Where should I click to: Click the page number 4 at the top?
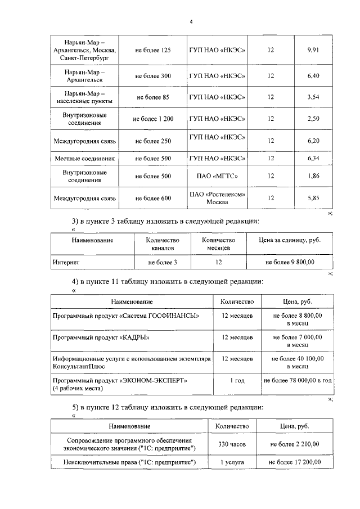(191, 22)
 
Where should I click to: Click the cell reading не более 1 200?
(153, 119)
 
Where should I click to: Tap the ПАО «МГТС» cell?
(217, 176)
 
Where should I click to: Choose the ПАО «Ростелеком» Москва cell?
(217, 198)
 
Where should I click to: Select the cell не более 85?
(153, 97)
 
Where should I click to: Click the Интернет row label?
(66, 262)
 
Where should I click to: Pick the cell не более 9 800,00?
(289, 262)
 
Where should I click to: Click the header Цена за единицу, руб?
(289, 240)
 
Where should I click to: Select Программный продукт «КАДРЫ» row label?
(96, 337)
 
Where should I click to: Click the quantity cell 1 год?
(237, 381)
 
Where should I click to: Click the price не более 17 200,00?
(294, 462)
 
